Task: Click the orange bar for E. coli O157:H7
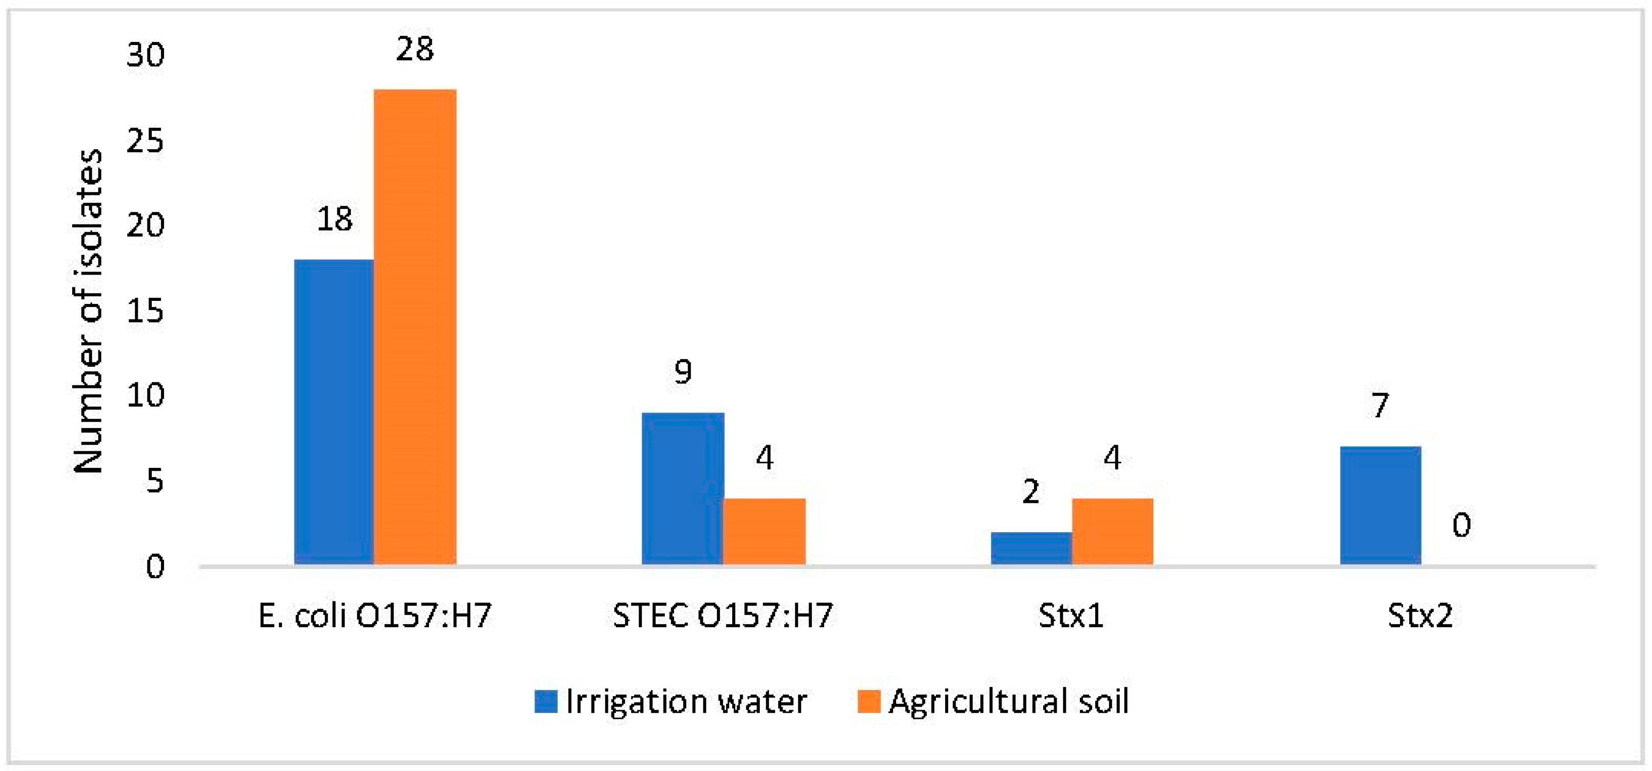(x=415, y=327)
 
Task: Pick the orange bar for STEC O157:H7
(x=764, y=531)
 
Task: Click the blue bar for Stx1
(x=1031, y=548)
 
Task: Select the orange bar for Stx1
(x=1112, y=531)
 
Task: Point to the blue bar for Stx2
(x=1380, y=506)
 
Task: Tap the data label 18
(x=334, y=220)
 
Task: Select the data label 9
(x=683, y=372)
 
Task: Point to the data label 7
(x=1380, y=406)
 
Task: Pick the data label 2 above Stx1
(x=1030, y=492)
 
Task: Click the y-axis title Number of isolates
(x=88, y=311)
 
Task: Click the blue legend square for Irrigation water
(x=546, y=701)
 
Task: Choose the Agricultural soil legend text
(x=1008, y=701)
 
